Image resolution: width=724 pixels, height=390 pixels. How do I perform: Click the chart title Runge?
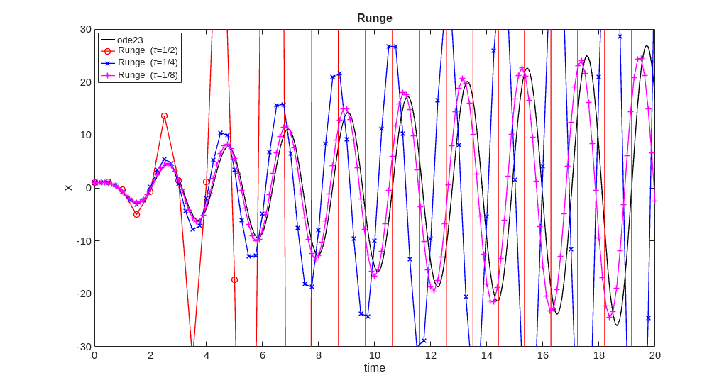tap(374, 18)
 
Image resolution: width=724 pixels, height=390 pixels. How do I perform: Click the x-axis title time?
tap(374, 367)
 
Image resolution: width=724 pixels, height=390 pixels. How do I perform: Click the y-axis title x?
tap(68, 188)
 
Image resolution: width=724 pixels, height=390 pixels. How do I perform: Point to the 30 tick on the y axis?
tap(85, 29)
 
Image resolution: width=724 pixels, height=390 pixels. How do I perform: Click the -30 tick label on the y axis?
tap(84, 346)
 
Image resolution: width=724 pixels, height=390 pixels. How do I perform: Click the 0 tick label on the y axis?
tap(88, 188)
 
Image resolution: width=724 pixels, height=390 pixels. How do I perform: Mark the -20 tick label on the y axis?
tap(84, 294)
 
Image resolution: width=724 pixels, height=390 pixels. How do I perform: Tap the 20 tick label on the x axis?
tap(654, 355)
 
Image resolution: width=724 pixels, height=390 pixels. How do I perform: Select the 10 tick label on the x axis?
tap(374, 355)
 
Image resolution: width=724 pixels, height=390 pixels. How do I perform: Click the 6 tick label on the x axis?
tap(263, 355)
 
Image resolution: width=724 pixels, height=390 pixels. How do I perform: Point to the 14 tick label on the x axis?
tap(486, 355)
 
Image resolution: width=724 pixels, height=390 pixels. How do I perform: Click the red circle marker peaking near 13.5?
tap(164, 116)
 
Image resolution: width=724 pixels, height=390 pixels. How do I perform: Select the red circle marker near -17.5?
tap(234, 279)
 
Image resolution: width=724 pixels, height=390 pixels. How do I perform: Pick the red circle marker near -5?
tap(136, 214)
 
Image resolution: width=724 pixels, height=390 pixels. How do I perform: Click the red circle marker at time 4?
tap(207, 182)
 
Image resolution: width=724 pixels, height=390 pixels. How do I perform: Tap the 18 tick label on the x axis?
tap(598, 355)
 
